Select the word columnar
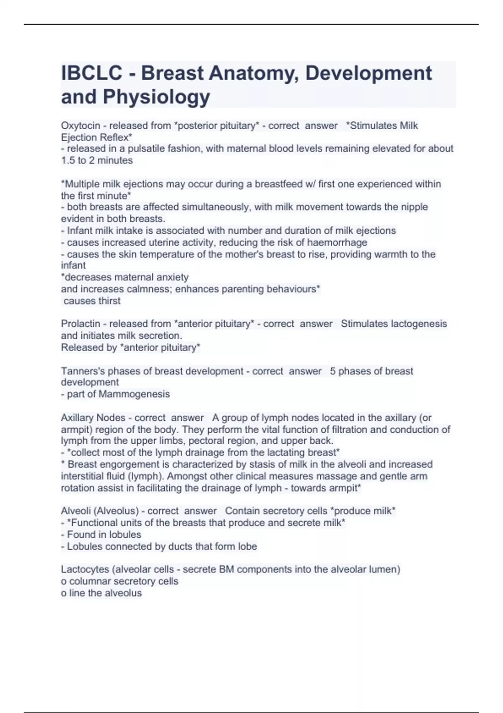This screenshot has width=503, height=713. coord(90,581)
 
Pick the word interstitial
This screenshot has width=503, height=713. coord(81,476)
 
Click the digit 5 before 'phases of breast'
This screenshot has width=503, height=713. coord(333,371)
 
